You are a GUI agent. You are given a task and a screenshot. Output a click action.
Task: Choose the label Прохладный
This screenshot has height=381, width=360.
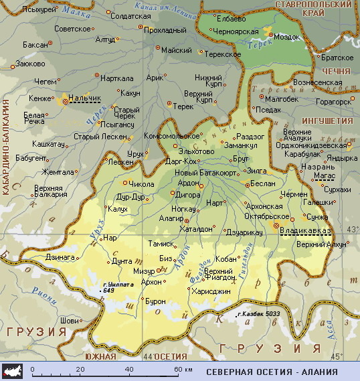coord(165,30)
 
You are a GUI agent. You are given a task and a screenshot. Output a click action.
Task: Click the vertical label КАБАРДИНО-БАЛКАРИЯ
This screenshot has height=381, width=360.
coord(5,148)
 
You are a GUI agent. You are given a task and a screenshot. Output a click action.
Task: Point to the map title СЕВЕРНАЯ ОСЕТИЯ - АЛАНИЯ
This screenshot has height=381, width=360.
coord(272,372)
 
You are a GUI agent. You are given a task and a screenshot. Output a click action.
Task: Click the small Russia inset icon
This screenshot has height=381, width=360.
coord(15,372)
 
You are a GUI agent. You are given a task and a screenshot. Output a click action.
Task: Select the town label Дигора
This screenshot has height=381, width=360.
coord(188,195)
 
